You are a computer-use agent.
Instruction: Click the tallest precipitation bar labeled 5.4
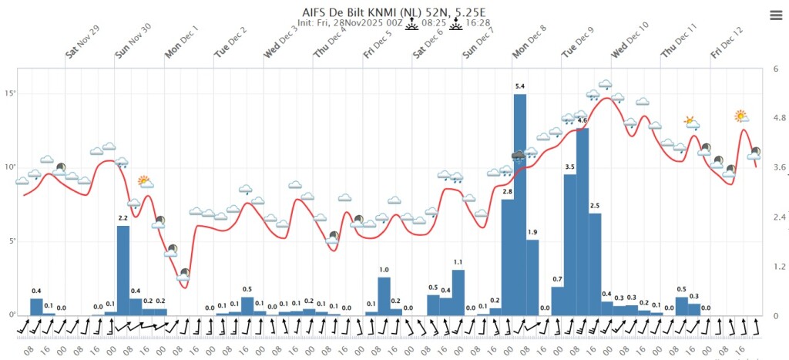point(520,205)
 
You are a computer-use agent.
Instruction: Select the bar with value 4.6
point(583,222)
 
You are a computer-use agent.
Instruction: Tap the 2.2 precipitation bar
point(123,271)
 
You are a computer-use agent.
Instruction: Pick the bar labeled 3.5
point(570,244)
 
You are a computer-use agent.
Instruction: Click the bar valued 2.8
point(508,257)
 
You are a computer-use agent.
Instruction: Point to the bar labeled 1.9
point(532,278)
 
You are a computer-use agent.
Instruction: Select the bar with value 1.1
point(458,293)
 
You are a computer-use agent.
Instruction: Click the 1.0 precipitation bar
point(384,297)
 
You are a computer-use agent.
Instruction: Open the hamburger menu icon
point(775,15)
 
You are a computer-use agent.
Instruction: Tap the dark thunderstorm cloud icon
point(519,156)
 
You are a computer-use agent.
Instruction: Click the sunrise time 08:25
point(431,22)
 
